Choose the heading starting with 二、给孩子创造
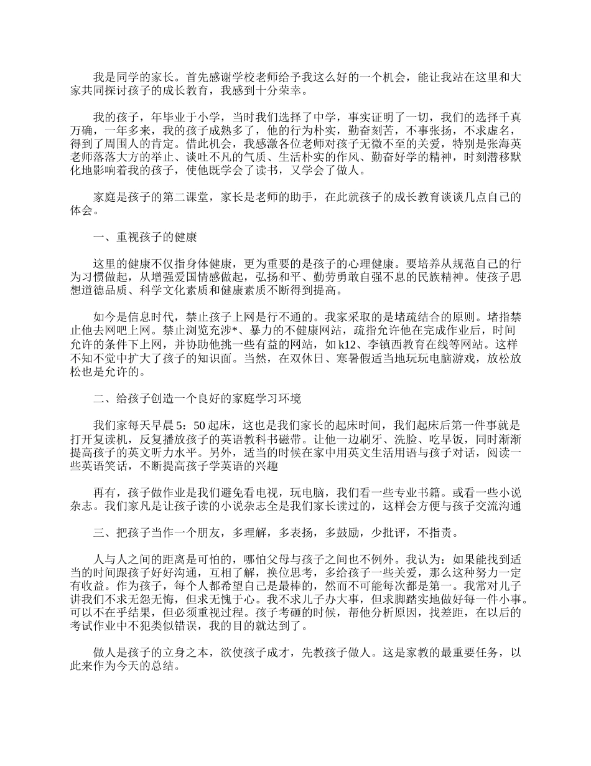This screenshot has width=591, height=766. click(197, 399)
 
